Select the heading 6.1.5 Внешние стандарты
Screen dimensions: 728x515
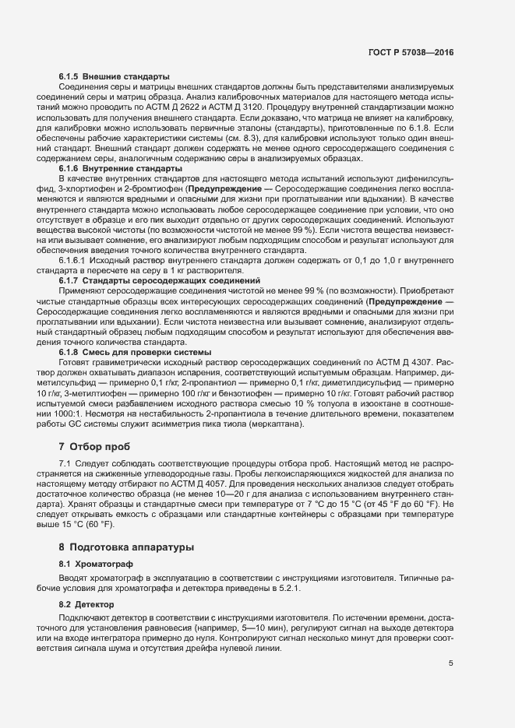click(x=114, y=76)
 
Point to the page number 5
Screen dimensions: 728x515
click(x=450, y=663)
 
